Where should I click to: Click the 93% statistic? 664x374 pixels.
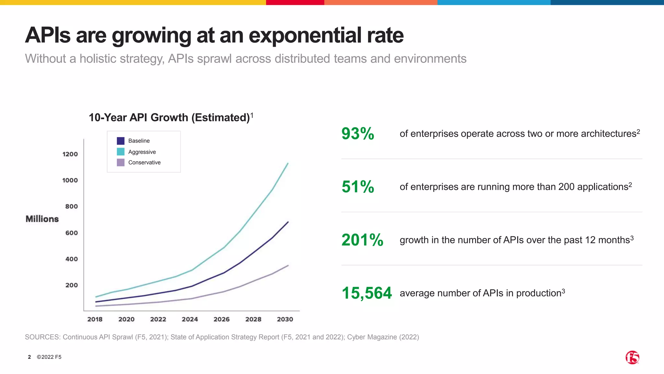point(358,134)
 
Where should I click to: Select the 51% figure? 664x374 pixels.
point(358,187)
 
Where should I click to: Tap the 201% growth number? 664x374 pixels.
point(362,240)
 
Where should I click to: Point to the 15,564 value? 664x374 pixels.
point(367,293)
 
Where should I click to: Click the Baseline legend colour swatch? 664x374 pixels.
point(121,141)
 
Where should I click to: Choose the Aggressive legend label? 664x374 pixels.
point(142,152)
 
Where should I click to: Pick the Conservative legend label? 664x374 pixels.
point(144,163)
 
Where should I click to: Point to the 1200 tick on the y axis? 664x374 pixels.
point(70,154)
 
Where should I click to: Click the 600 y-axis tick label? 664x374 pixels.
point(71,233)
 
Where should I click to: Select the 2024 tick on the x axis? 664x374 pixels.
point(190,319)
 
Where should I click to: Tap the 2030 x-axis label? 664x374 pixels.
point(285,319)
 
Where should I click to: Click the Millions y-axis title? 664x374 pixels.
point(42,219)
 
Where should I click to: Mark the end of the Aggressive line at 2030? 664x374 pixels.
point(288,164)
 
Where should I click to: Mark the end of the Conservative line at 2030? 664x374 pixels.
point(288,266)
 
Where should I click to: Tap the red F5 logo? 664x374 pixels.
point(632,357)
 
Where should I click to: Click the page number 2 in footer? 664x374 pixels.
point(30,357)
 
